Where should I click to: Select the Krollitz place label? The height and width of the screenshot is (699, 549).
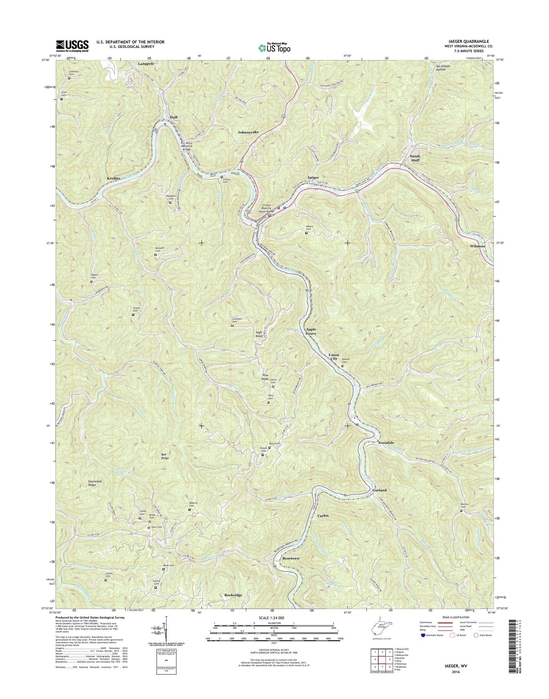point(113,178)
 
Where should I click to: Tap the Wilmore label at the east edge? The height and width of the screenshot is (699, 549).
point(478,246)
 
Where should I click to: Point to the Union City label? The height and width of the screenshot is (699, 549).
point(334,357)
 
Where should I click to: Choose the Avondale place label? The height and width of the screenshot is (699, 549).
point(386,443)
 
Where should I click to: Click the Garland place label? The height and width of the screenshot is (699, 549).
point(379,490)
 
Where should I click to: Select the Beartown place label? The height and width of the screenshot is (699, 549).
point(291,559)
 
